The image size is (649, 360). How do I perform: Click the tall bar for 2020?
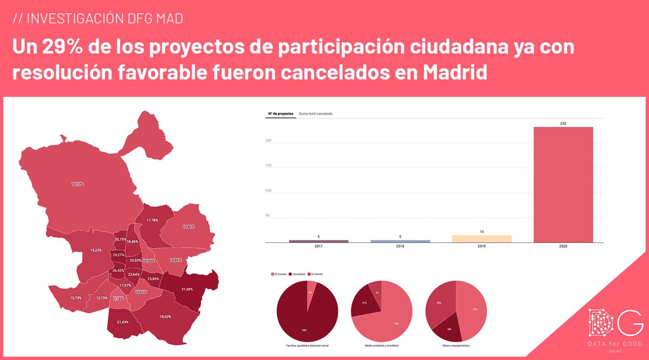(x=563, y=185)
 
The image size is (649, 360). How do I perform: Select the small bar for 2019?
(x=481, y=239)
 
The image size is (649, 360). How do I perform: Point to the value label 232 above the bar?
(x=563, y=124)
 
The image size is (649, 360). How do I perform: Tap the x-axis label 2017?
(x=318, y=246)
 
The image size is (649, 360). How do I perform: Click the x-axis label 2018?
(x=400, y=246)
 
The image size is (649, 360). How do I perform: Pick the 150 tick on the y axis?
(x=268, y=166)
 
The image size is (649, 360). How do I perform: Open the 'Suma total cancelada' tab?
(x=315, y=114)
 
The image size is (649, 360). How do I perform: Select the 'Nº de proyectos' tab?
(x=280, y=114)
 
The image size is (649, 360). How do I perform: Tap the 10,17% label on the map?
(x=78, y=184)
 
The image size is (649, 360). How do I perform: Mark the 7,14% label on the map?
(x=118, y=298)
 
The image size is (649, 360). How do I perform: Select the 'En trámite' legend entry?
(x=317, y=274)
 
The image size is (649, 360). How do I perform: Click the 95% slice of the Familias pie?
(x=303, y=319)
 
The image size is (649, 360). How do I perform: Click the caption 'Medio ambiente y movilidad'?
(x=382, y=345)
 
